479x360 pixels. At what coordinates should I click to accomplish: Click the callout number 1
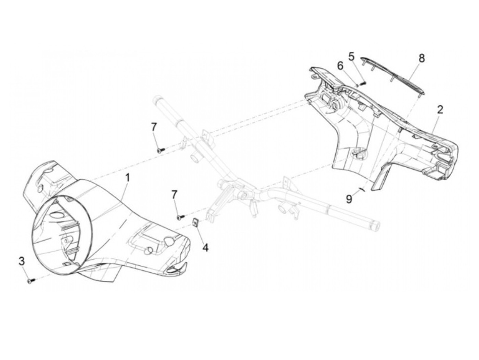pos(127,178)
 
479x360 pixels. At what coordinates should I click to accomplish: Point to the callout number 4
pos(205,247)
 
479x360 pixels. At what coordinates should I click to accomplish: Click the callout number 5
pos(351,55)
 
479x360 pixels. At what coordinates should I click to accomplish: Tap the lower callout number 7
pos(174,195)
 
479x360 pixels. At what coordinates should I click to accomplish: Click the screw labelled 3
pos(29,281)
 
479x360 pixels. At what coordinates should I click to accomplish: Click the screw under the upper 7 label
pos(160,150)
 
